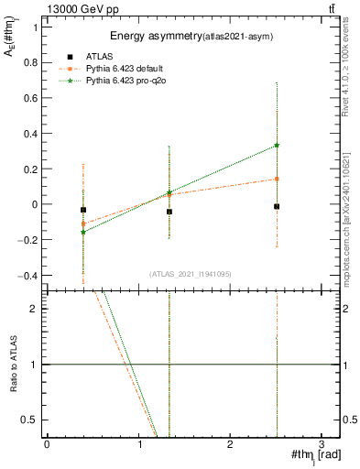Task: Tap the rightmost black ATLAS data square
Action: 277,207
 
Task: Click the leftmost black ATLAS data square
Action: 83,210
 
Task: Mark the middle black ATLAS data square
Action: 169,212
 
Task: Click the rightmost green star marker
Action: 277,145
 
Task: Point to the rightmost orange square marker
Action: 277,179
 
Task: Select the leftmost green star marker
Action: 83,233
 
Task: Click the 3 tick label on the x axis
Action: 322,444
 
